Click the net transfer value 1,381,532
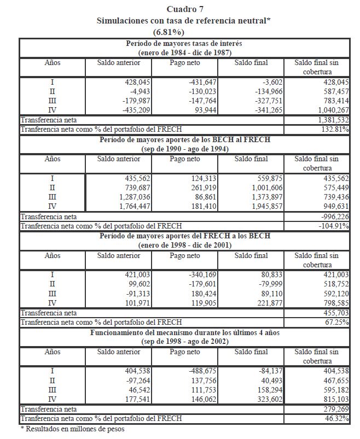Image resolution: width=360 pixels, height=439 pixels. point(333,119)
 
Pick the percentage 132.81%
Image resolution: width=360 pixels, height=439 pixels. point(336,129)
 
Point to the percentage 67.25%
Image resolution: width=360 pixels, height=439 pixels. point(338,323)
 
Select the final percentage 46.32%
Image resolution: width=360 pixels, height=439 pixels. point(338,418)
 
